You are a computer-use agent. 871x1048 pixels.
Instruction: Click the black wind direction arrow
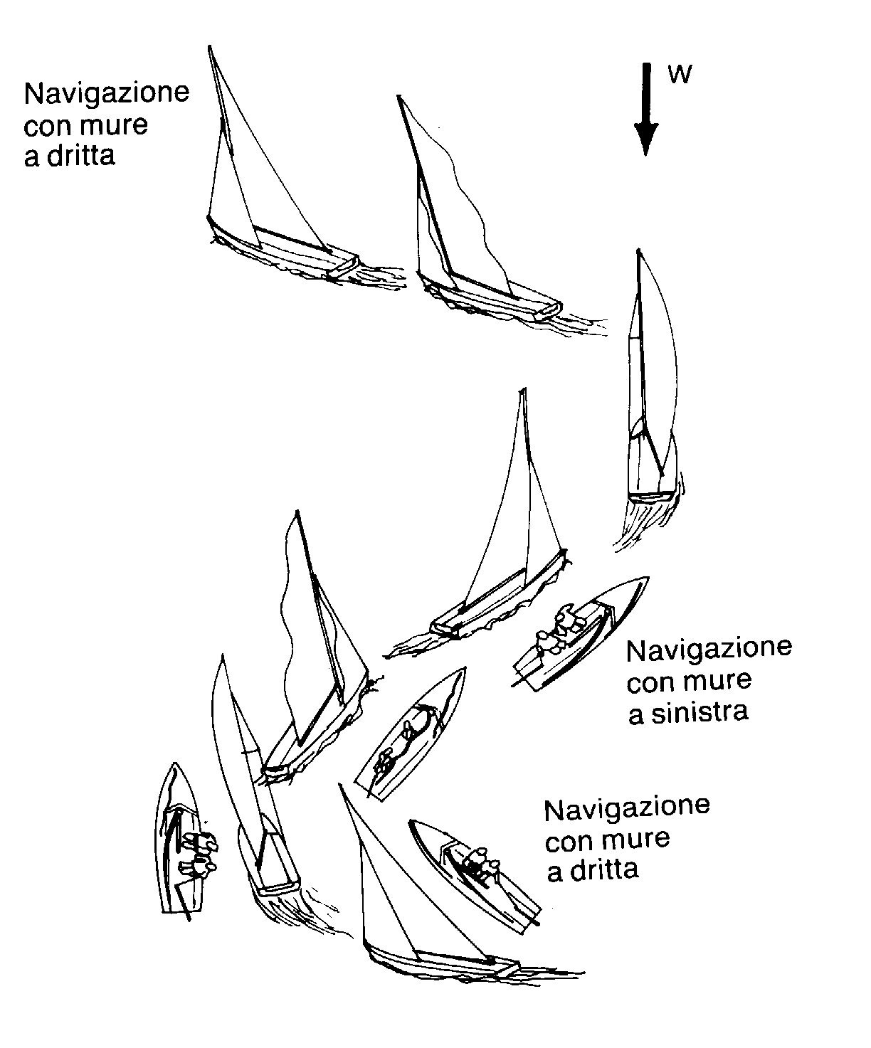pos(645,107)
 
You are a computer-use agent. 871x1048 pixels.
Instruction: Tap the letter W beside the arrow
pos(680,75)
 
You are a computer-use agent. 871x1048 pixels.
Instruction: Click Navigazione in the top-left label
pos(107,94)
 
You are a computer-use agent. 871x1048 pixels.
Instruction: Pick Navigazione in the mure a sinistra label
pos(709,649)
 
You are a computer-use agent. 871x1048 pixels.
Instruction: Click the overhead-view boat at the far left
pos(179,840)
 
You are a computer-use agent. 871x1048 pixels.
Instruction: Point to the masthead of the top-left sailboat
pos(210,48)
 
